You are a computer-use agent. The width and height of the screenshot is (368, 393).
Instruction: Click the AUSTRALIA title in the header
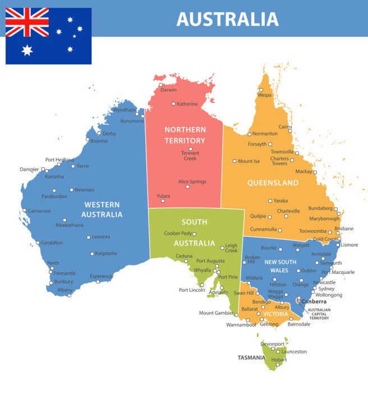227,19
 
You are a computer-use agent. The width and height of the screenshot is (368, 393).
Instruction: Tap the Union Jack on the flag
27,22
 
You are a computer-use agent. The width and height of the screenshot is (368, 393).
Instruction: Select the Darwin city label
168,90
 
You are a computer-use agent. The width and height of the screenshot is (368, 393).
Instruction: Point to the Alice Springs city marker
188,187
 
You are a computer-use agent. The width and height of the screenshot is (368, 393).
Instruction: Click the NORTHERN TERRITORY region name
185,135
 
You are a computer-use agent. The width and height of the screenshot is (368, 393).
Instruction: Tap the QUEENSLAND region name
273,183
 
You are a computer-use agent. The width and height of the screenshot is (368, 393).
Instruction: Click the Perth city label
53,263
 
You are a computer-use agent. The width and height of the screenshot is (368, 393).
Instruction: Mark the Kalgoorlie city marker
92,254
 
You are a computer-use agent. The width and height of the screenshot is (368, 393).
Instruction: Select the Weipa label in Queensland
264,95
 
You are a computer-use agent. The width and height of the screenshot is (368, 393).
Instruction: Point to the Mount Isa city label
249,161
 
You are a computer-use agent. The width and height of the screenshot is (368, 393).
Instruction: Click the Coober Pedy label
178,233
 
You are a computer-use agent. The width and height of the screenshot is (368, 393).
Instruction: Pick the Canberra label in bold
314,301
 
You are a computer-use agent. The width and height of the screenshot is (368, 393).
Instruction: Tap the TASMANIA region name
251,358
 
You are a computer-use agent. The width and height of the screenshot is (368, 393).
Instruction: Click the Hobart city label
279,359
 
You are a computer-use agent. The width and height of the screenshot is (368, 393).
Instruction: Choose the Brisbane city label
344,229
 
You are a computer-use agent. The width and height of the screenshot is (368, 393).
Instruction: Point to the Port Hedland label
59,159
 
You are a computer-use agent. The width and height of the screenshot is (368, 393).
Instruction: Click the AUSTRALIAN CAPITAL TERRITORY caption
319,314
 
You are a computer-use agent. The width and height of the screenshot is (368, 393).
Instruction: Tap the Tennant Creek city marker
190,149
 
